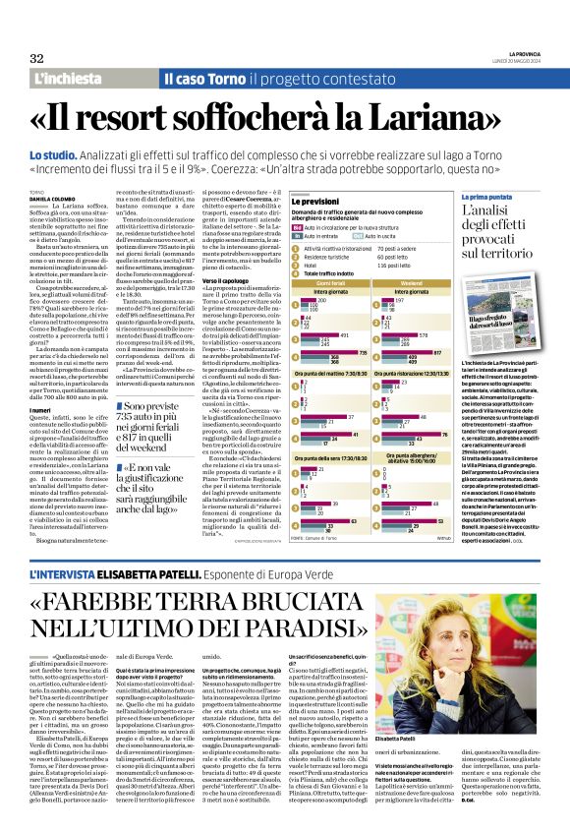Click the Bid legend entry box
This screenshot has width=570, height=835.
[297, 227]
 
